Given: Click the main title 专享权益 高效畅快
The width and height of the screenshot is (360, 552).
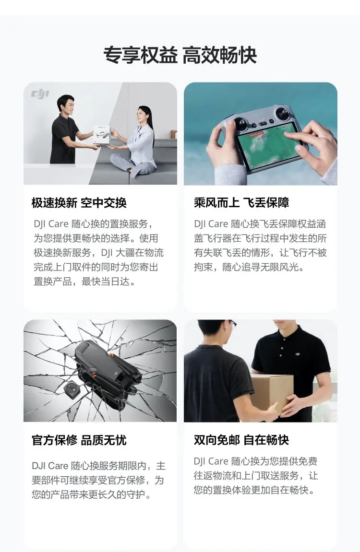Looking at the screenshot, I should [x=180, y=55].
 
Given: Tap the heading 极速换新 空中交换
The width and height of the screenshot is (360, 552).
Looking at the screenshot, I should [x=79, y=203].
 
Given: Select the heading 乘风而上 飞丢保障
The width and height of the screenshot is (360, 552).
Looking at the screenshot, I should [x=241, y=203].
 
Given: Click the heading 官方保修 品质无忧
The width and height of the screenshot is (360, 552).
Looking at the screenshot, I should [x=79, y=440].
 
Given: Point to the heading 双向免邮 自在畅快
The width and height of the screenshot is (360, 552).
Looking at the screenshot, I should [x=241, y=440].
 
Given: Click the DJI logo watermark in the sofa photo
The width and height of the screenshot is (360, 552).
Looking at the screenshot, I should [x=40, y=94].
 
